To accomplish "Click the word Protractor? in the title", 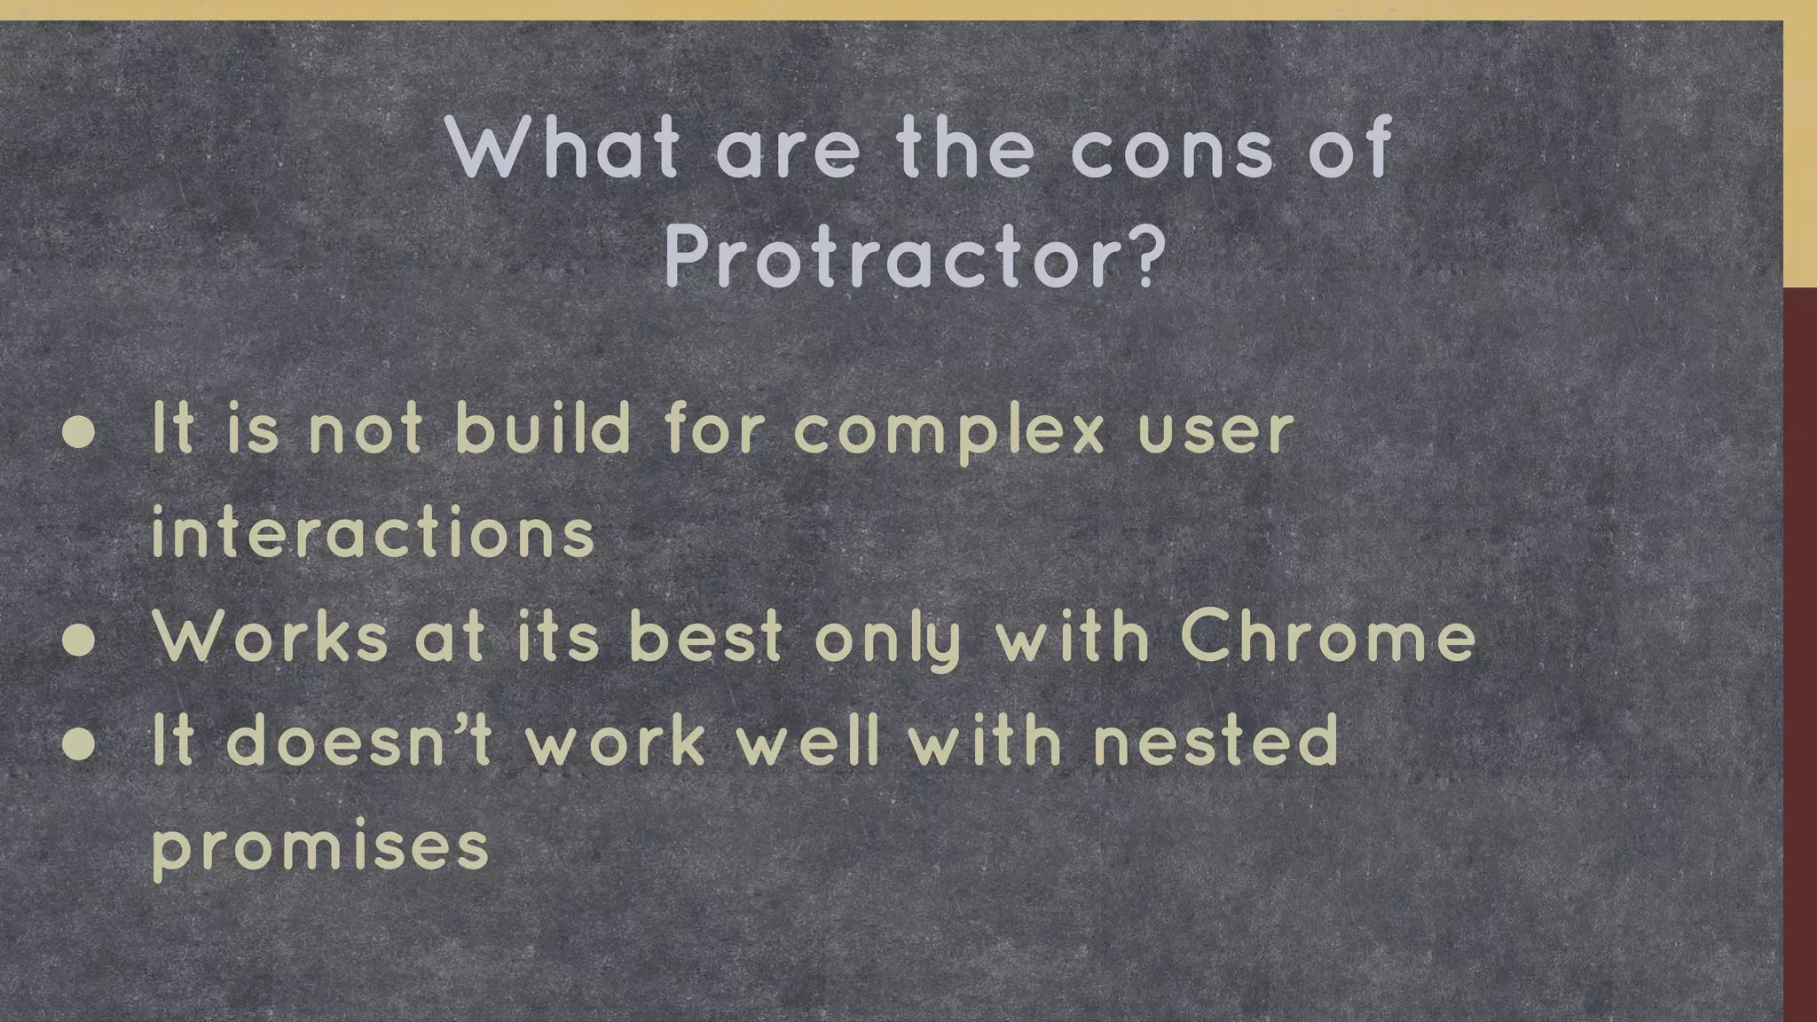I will pos(915,257).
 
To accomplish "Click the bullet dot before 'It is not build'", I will pos(80,432).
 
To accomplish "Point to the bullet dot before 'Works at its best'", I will pos(80,641).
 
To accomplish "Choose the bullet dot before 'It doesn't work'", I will pos(80,743).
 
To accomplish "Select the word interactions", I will pos(373,533).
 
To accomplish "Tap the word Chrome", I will pos(1327,638).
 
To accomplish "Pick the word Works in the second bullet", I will pos(270,638).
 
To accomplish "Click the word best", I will pos(706,638).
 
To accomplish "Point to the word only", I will pos(888,641).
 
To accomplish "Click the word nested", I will pos(1215,741).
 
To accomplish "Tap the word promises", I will pos(320,847).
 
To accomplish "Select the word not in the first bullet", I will pos(365,431).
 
